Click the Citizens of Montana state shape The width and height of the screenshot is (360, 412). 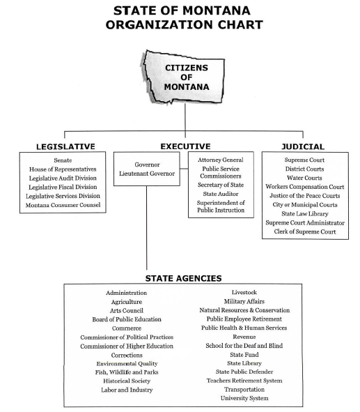pos(184,77)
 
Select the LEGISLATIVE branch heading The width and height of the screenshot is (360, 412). pos(65,146)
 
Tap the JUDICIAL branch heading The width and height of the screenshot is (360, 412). pos(303,146)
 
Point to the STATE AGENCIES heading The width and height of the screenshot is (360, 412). pos(183,278)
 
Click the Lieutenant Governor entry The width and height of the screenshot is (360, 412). pos(147,174)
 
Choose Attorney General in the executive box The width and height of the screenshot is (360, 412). pos(221,160)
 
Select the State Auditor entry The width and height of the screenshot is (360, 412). pos(221,194)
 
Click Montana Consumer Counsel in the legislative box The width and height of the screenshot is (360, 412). pos(63,205)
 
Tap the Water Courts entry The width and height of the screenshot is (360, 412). pos(304,178)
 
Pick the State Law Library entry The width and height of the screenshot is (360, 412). pos(305,213)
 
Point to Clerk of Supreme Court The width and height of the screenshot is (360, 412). pos(305,231)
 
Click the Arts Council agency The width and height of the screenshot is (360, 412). pos(127,311)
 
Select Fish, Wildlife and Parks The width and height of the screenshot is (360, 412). pos(127,372)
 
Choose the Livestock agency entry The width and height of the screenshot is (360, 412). pos(244,292)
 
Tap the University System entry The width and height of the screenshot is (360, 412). pos(244,398)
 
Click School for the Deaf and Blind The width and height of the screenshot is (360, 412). pos(244,346)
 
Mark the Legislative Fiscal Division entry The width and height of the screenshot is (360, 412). pos(63,187)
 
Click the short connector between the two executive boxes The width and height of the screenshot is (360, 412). pos(185,169)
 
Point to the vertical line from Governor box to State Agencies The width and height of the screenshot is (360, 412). pos(147,228)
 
